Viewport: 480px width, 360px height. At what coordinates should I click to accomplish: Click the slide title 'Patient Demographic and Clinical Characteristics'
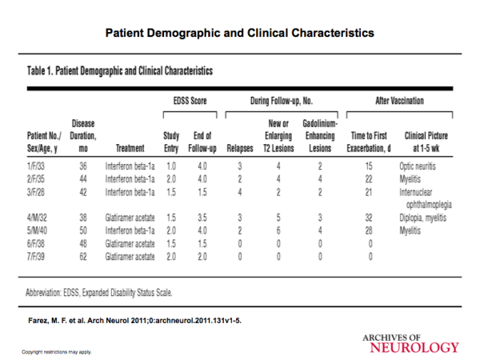[x=240, y=33]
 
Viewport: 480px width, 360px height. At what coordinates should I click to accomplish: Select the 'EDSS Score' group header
[x=190, y=101]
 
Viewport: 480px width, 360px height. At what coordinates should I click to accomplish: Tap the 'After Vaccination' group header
[x=399, y=101]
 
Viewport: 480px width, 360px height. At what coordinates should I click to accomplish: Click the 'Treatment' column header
[x=130, y=149]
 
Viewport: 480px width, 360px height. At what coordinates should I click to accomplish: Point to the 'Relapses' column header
[x=240, y=149]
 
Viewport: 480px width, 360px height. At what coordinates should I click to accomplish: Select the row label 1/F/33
[x=36, y=166]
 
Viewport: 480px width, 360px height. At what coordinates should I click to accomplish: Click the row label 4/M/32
[x=37, y=218]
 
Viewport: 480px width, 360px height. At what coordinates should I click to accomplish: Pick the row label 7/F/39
[x=36, y=256]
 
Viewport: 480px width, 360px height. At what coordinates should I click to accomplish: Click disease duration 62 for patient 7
[x=83, y=256]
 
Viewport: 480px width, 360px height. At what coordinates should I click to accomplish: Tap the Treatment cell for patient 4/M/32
[x=130, y=218]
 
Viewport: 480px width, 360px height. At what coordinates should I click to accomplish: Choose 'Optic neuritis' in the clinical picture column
[x=418, y=166]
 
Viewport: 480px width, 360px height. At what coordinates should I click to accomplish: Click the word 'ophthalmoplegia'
[x=429, y=205]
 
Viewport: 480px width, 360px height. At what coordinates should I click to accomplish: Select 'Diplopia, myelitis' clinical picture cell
[x=422, y=218]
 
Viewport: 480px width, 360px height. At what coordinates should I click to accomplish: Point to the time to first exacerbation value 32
[x=369, y=218]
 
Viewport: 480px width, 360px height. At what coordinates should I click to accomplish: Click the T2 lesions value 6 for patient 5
[x=278, y=230]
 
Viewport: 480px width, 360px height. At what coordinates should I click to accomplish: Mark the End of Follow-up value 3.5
[x=202, y=218]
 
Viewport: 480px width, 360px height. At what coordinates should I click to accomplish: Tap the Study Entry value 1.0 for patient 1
[x=171, y=166]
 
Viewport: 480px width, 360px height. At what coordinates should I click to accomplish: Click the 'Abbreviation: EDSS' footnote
[x=99, y=293]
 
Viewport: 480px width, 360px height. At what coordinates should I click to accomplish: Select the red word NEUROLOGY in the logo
[x=414, y=347]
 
